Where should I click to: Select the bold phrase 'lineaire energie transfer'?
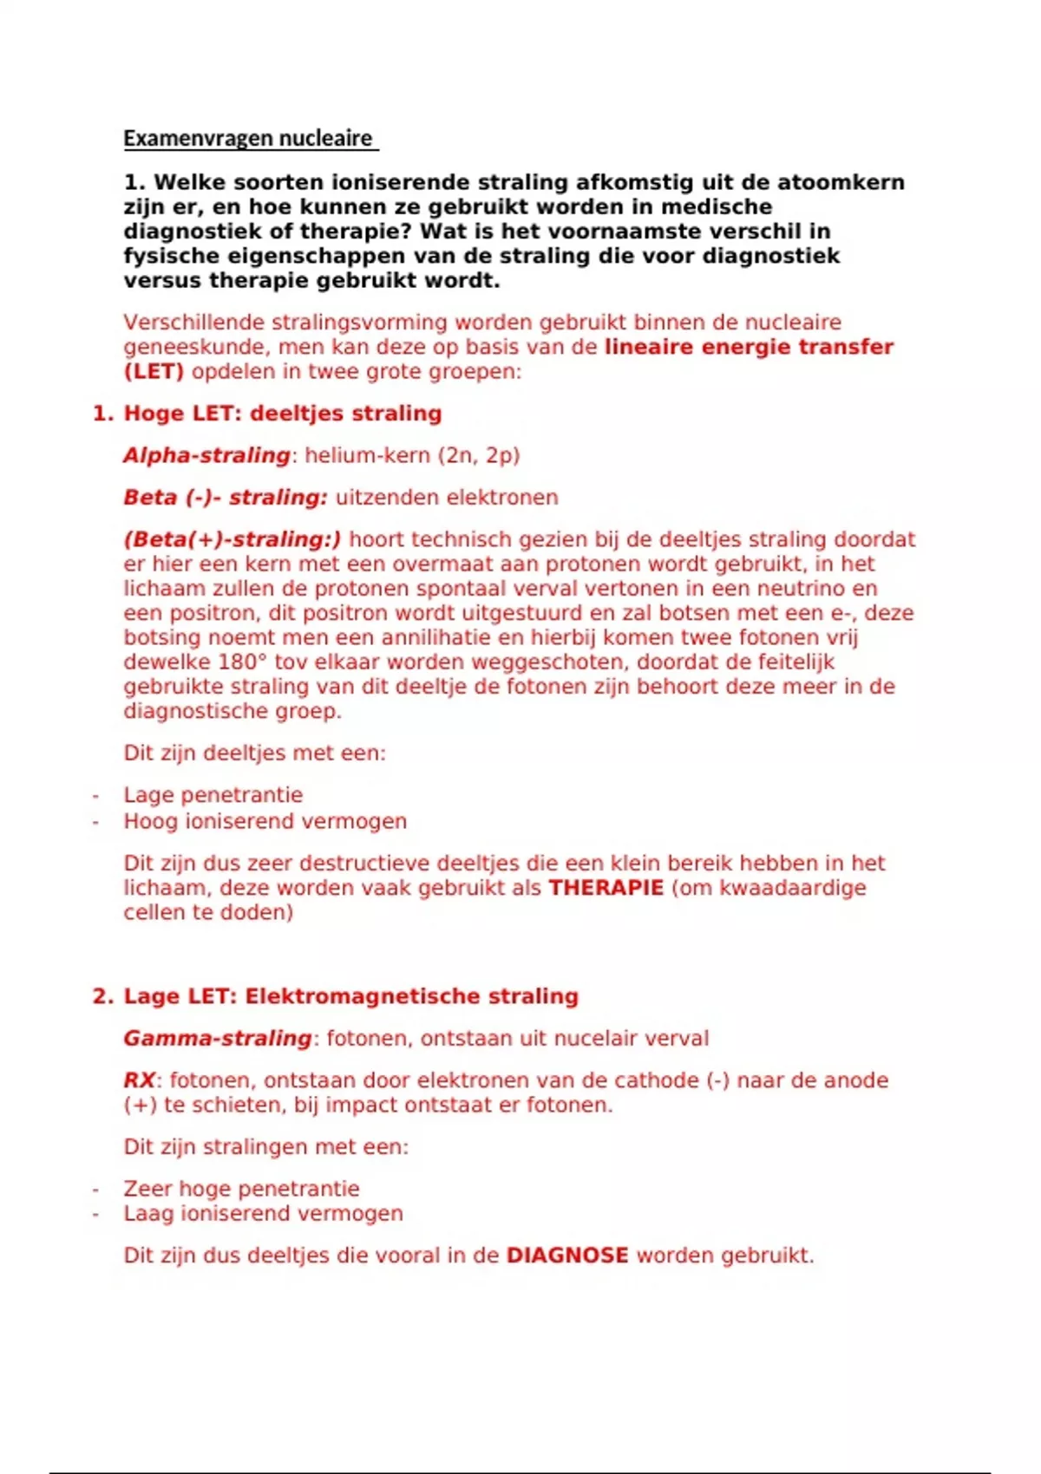[749, 348]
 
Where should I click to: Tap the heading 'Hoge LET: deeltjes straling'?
[282, 414]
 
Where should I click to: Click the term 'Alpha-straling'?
[206, 455]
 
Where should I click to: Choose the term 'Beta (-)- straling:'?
[226, 498]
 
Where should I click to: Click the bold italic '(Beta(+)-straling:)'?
[232, 539]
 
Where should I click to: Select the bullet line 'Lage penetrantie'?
[213, 795]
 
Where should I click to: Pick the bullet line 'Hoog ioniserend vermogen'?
[265, 821]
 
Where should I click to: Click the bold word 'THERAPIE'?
[606, 888]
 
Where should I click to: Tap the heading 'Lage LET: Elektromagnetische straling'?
[350, 996]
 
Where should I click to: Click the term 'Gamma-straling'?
[218, 1038]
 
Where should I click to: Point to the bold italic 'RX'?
[139, 1080]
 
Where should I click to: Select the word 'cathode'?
[656, 1080]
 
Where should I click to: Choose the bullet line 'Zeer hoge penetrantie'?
[241, 1189]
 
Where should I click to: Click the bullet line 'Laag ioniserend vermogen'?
[263, 1214]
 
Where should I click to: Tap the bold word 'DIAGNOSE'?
[567, 1256]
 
